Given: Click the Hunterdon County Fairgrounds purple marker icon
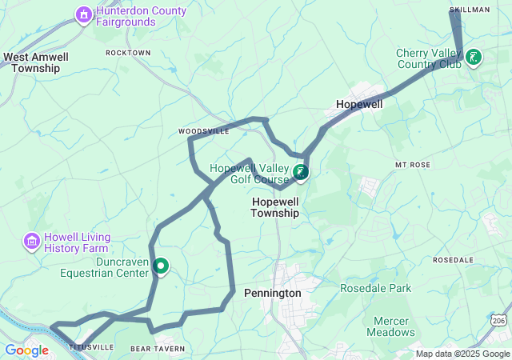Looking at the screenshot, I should (x=84, y=14).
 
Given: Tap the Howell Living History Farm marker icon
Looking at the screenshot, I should (x=32, y=240).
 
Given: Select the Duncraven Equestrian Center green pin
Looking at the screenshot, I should (x=160, y=266).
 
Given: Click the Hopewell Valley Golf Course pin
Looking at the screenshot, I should (x=300, y=172).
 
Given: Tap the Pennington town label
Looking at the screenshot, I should (x=272, y=293).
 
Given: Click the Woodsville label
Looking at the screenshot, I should (x=203, y=130).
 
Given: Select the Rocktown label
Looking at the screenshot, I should (x=128, y=53).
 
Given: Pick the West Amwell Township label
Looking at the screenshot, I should (x=36, y=62).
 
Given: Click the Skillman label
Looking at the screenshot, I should (x=470, y=9).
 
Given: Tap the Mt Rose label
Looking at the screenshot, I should (x=412, y=164).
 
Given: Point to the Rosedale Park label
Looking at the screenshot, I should (x=375, y=288).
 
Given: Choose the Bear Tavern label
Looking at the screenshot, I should (x=158, y=349).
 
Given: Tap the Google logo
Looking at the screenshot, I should (x=27, y=350).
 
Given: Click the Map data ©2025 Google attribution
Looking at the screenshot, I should (x=462, y=354).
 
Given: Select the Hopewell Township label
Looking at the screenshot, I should (x=275, y=207).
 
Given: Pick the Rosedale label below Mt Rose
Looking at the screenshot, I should (x=454, y=260).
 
